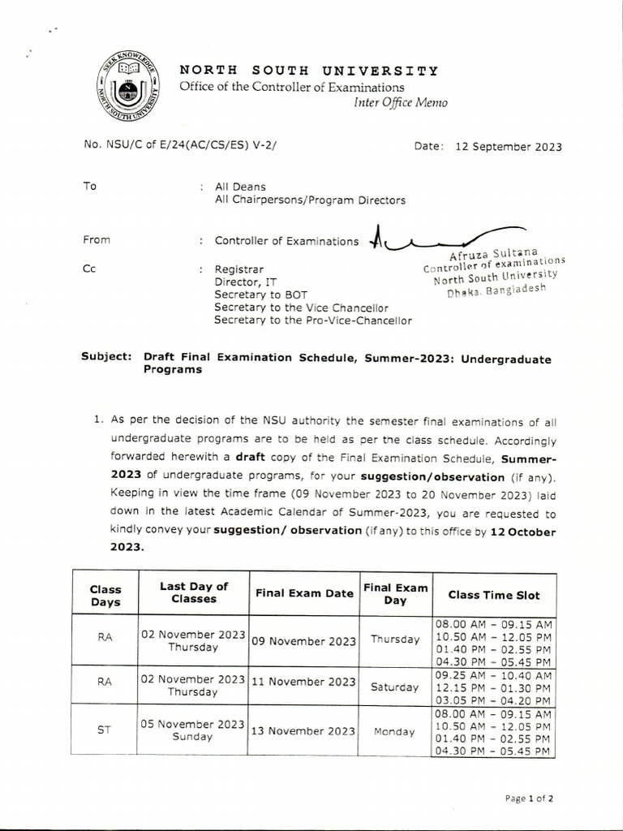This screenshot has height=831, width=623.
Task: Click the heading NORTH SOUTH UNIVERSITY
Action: click(x=308, y=71)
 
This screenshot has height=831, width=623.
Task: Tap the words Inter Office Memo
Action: click(x=400, y=102)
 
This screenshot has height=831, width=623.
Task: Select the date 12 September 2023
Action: click(x=509, y=147)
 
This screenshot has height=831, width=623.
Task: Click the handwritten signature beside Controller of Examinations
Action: click(x=414, y=239)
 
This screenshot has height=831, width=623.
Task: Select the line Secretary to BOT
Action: click(x=260, y=295)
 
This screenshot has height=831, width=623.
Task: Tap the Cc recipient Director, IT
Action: click(x=239, y=282)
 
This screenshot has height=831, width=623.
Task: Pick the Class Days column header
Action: click(x=105, y=596)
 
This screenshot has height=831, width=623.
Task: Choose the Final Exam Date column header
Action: click(x=304, y=593)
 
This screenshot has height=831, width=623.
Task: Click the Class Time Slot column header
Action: click(x=494, y=595)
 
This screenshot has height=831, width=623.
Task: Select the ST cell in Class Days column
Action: click(x=105, y=730)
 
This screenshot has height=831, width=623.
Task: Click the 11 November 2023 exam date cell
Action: click(x=304, y=682)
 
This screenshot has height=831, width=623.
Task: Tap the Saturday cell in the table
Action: click(x=395, y=687)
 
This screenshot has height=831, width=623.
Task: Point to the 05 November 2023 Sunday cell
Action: click(x=192, y=730)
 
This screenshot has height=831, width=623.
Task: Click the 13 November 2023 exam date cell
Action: click(x=304, y=730)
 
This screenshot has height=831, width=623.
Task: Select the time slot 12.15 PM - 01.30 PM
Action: click(x=494, y=687)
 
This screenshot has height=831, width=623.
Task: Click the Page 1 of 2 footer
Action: click(x=529, y=799)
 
